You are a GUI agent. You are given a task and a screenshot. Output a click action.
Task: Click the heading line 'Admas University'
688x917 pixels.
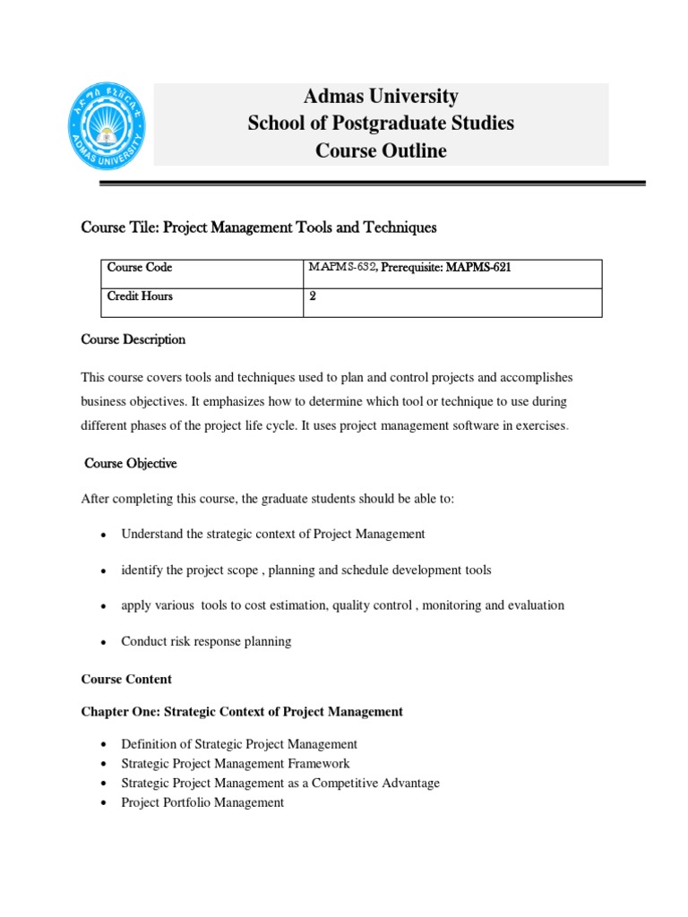381,96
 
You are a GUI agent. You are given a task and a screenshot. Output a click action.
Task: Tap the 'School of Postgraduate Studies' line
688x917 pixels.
381,124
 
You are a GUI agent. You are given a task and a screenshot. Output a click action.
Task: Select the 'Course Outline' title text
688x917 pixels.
381,151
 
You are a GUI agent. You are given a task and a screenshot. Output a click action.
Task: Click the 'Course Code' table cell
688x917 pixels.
140,268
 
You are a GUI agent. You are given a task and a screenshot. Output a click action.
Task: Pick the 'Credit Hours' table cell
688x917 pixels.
141,296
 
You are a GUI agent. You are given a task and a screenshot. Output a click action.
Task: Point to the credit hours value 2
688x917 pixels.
313,296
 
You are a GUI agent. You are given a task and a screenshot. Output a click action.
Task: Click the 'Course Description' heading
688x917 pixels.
133,340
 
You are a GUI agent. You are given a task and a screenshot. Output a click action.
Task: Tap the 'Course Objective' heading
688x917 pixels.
131,464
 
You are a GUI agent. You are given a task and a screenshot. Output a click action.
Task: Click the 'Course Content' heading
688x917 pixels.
126,679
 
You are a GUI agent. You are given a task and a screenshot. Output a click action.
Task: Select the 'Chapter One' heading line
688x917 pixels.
242,712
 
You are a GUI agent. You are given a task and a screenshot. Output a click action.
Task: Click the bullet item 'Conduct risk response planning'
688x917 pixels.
206,641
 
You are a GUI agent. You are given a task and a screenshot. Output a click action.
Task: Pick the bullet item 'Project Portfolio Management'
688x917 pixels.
202,802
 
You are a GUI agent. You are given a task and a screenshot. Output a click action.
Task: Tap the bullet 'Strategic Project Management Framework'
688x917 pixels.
236,764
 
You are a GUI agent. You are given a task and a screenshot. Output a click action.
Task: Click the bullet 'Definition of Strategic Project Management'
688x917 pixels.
239,744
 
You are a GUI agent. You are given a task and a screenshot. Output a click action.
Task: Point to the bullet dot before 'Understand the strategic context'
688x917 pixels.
104,535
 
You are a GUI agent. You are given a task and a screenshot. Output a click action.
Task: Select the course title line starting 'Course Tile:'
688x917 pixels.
259,228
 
